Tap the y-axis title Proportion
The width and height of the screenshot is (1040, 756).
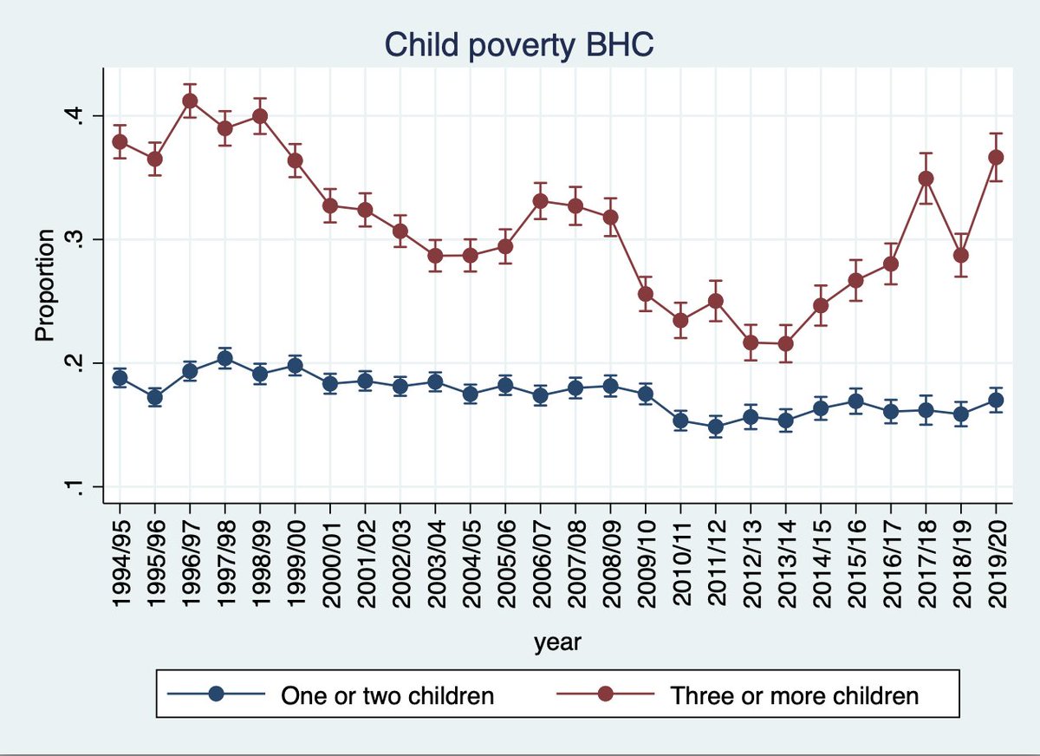click(45, 284)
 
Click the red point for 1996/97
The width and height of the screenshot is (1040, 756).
click(190, 101)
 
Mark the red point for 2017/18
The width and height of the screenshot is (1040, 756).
click(926, 179)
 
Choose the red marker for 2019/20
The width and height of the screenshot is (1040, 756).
click(996, 157)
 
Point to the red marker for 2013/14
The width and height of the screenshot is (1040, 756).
click(785, 343)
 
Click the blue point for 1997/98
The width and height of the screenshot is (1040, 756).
click(224, 358)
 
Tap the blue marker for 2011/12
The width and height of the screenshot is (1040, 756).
click(715, 427)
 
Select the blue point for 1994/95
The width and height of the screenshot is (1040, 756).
click(120, 378)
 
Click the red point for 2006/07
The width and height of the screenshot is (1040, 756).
click(540, 201)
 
